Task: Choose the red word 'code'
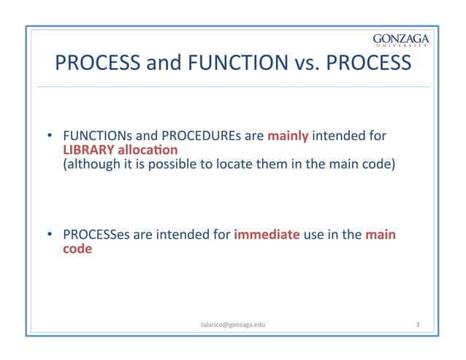tap(77, 249)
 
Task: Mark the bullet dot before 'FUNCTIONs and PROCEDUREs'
tap(50, 137)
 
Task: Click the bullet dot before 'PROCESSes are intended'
tap(50, 236)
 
